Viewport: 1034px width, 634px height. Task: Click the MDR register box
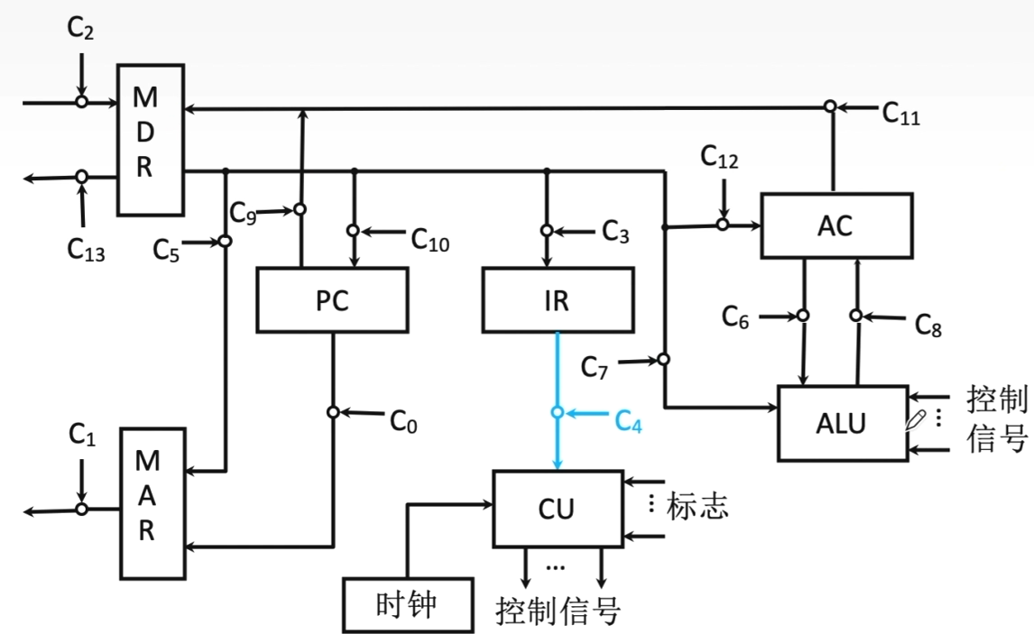pos(151,140)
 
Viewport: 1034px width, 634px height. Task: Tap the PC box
pos(332,300)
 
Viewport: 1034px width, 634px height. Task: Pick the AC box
pos(835,225)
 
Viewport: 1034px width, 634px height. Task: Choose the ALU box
pos(841,422)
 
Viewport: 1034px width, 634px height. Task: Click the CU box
pos(557,509)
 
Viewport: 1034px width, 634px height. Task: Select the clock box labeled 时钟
pos(408,605)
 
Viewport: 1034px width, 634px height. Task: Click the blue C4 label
pos(628,420)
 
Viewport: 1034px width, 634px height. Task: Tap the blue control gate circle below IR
pos(558,412)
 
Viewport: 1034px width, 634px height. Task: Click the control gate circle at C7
pos(663,360)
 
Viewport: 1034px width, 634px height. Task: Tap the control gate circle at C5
pos(225,241)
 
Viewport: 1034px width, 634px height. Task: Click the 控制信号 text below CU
pos(558,611)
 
